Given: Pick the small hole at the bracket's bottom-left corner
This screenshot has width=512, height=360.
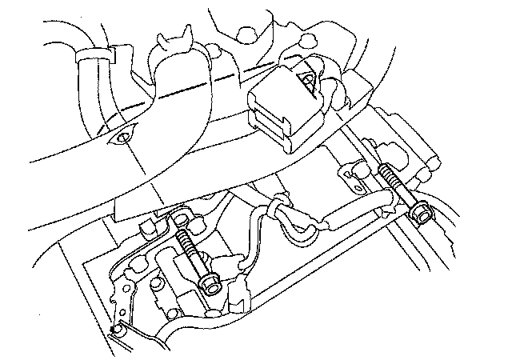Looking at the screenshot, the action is [117, 329].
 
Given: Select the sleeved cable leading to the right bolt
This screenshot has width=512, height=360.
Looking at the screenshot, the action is [352, 210].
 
